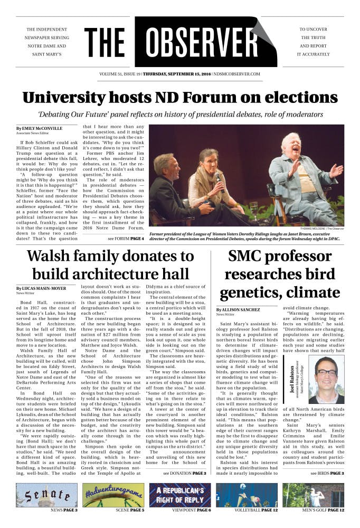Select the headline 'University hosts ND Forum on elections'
tap(179, 99)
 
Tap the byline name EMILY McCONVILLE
tap(41, 128)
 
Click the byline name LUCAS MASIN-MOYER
tap(42, 288)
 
